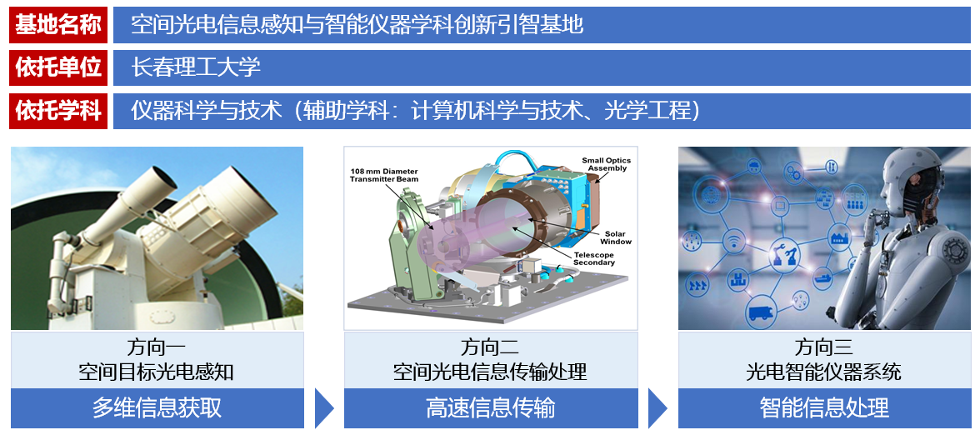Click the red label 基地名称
[58, 25]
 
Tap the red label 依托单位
[58, 67]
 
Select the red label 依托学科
[58, 112]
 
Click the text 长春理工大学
[196, 67]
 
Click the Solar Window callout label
[616, 237]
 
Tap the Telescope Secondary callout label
[593, 258]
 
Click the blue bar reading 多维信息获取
[157, 408]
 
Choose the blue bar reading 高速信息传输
[491, 408]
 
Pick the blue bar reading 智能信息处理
[824, 408]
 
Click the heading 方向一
[157, 347]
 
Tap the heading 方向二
[490, 347]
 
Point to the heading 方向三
[823, 347]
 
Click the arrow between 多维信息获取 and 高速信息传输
[323, 408]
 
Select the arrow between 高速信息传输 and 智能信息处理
[657, 408]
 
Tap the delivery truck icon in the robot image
[762, 311]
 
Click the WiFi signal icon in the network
[732, 239]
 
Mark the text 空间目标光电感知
[157, 372]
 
